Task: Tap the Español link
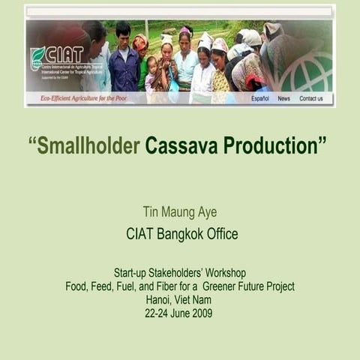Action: click(x=260, y=98)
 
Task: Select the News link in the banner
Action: click(x=283, y=98)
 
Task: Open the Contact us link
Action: click(x=311, y=98)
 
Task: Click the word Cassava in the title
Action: click(x=179, y=146)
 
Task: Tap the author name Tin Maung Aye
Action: click(x=179, y=212)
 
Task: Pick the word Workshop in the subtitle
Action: click(x=223, y=273)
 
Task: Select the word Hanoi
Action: click(x=160, y=300)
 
